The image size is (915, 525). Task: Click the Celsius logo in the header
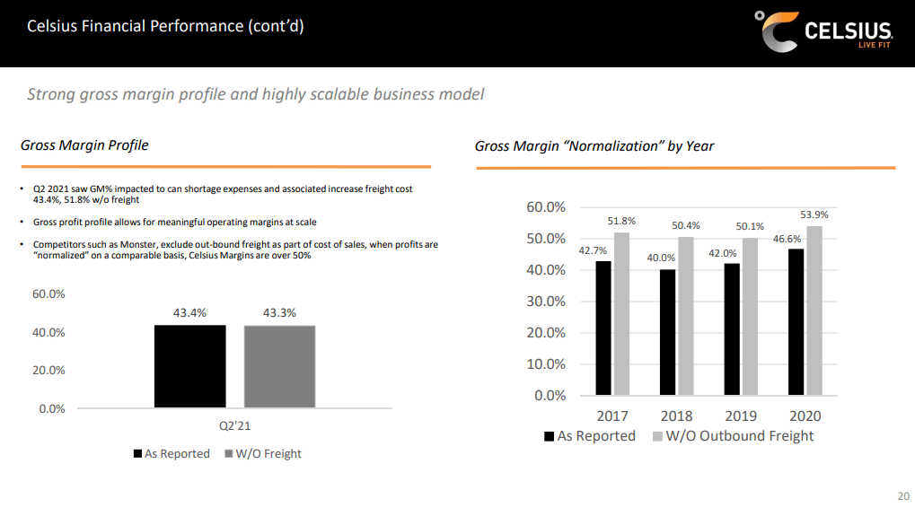823,32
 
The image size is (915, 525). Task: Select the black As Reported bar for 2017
603,328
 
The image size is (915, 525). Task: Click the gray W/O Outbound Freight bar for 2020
814,311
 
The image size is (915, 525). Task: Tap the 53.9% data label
814,215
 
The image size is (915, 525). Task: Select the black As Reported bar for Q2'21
189,366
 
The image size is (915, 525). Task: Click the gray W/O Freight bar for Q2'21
279,366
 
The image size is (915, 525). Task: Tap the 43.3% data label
279,313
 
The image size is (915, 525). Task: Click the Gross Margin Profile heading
84,145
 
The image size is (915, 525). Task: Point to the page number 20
903,496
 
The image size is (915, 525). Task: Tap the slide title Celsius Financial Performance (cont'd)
165,26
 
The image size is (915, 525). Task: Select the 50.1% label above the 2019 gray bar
742,226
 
